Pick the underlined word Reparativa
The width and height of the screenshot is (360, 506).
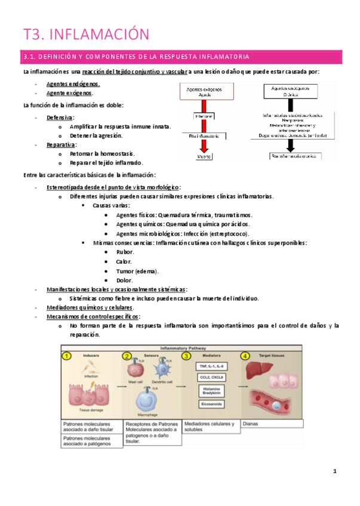(x=61, y=144)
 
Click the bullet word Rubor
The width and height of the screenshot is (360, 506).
(x=125, y=252)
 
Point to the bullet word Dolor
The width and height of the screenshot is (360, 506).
(x=124, y=280)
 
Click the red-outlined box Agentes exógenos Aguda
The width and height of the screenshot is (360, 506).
(x=205, y=91)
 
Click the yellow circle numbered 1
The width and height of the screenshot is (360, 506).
(x=67, y=356)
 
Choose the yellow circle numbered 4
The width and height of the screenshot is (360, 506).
(x=245, y=356)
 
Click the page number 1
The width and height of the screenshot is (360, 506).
(x=335, y=472)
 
